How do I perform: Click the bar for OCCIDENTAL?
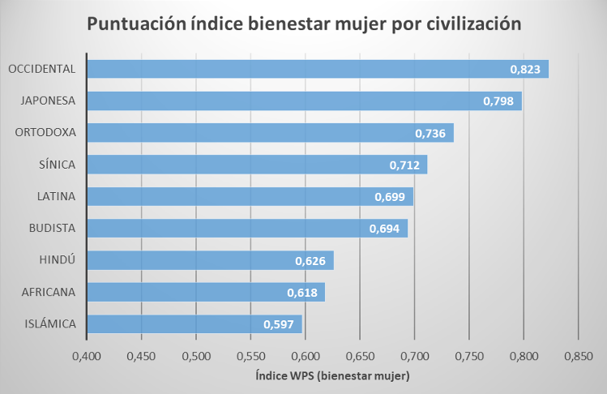[x=316, y=69]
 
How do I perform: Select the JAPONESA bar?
[x=304, y=101]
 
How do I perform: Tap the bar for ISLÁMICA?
[x=194, y=324]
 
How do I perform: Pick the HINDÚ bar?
[x=210, y=260]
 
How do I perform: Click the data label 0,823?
[x=525, y=70]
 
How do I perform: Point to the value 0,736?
[x=430, y=133]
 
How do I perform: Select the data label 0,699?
[x=390, y=197]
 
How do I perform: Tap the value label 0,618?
[x=301, y=293]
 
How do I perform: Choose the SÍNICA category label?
[x=56, y=165]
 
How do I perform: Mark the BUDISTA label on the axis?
[x=50, y=229]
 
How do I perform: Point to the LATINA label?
[x=56, y=196]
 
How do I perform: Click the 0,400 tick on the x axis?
[x=87, y=357]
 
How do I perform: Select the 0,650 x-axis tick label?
[x=360, y=357]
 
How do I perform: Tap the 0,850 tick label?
[x=578, y=357]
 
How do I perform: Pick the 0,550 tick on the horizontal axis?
[x=250, y=357]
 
